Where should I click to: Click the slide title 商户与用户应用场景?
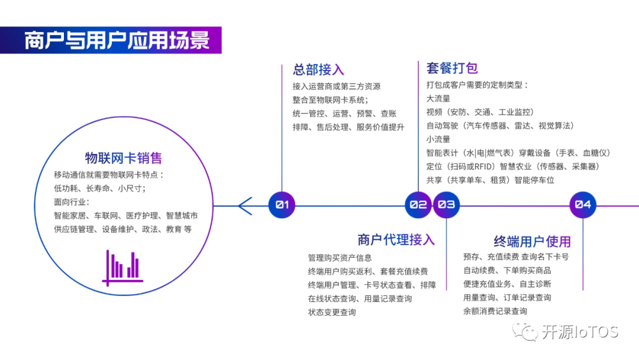point(117,41)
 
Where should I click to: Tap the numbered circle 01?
point(282,205)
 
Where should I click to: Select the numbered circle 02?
point(418,205)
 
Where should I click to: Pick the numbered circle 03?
point(447,205)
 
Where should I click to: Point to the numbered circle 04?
point(583,205)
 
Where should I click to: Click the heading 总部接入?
point(318,70)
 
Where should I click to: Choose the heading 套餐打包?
point(452,67)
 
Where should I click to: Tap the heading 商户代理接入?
point(396,239)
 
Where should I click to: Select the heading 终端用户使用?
point(532,241)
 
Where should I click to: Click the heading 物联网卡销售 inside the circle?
point(124,158)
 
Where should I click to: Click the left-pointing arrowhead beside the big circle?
point(244,205)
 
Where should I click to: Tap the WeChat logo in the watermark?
point(525,331)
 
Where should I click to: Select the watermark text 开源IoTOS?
point(580,332)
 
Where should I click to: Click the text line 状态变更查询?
point(332,312)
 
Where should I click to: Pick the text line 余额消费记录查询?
point(495,311)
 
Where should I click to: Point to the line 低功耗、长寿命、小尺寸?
point(99,188)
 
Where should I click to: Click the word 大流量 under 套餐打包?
point(438,98)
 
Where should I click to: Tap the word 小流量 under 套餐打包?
point(438,139)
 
